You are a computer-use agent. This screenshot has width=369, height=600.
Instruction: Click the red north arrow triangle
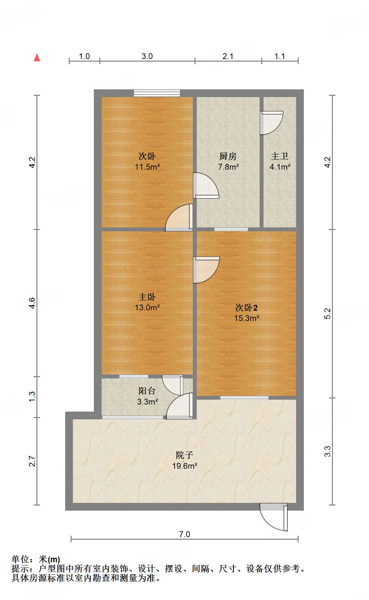click(37, 58)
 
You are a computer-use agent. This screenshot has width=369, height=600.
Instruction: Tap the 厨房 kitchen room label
click(228, 156)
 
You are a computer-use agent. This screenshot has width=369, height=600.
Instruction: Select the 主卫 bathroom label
click(280, 156)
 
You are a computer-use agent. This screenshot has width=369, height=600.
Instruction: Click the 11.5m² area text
click(147, 167)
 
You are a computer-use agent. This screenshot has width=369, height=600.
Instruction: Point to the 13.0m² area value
click(147, 307)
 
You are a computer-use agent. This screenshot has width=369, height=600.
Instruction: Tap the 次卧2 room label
click(246, 307)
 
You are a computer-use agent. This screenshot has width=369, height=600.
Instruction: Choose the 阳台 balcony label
click(147, 391)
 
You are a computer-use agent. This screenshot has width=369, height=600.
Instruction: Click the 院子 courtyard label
click(184, 455)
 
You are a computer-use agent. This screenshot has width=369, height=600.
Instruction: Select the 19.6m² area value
click(184, 466)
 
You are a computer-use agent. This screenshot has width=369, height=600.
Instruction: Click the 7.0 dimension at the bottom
click(184, 534)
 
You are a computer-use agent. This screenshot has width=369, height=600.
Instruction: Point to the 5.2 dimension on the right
click(327, 314)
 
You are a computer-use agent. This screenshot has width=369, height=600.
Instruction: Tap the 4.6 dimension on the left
click(32, 303)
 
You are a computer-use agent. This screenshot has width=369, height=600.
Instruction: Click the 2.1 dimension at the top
click(228, 56)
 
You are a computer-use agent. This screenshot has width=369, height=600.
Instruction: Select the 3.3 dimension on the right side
click(327, 451)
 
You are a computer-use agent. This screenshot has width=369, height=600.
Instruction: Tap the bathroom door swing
click(272, 123)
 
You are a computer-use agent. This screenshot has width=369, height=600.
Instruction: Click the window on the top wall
click(157, 93)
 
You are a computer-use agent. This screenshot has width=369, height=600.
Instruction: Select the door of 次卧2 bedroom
click(206, 270)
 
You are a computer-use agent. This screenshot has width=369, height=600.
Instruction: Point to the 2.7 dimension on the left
click(32, 461)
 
